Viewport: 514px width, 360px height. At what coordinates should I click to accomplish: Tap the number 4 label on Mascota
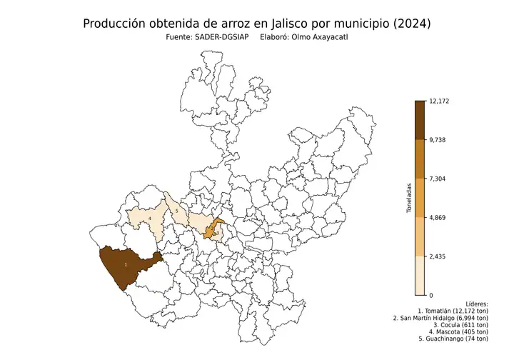150,218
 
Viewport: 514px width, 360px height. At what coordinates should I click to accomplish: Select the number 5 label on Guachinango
176,211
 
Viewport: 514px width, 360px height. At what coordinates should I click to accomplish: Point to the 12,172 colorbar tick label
439,101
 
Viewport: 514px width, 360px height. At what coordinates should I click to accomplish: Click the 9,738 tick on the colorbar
438,140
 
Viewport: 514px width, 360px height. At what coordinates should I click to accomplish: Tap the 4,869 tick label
438,217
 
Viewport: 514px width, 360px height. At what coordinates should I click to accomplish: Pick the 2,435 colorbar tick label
438,256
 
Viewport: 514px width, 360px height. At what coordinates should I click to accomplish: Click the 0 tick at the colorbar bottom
430,295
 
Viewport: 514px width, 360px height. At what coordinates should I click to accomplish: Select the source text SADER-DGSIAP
222,39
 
